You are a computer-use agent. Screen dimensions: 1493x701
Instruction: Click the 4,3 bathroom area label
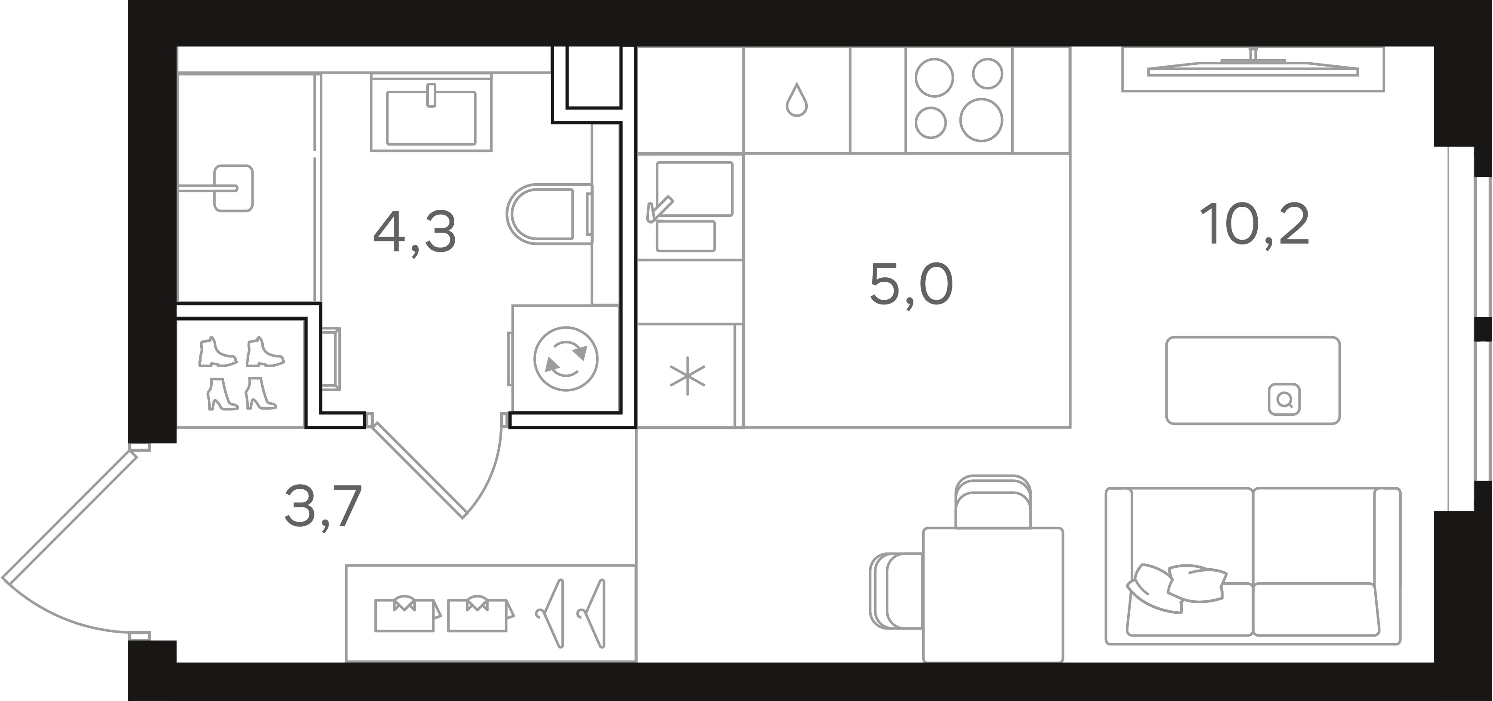[415, 233]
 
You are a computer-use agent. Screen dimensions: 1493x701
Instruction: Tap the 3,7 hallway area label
[323, 506]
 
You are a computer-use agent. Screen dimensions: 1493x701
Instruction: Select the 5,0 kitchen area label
[911, 284]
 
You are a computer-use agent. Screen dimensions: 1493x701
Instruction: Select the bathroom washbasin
[431, 113]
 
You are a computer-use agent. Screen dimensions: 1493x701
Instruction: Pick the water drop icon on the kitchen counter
[796, 100]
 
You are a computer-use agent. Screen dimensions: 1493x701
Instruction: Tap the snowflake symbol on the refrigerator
[687, 376]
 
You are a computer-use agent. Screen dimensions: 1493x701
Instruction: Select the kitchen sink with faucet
[690, 206]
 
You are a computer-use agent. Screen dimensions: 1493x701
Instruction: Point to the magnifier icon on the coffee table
[1284, 400]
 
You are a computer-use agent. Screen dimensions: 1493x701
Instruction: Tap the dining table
[993, 594]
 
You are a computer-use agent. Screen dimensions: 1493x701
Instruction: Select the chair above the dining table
[993, 502]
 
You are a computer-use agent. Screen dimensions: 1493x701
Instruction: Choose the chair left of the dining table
[897, 590]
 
